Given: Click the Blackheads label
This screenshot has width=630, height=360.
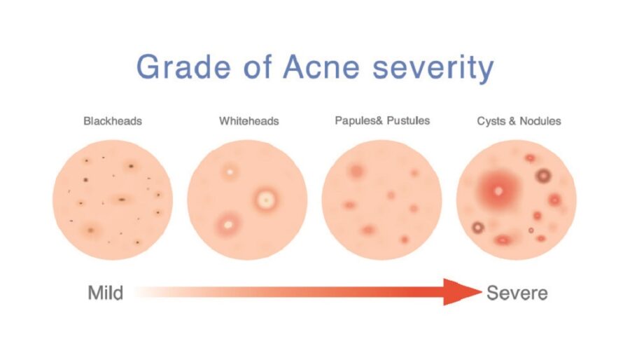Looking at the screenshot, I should pos(113,121).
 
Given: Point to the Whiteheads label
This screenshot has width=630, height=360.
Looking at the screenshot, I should pos(248,121).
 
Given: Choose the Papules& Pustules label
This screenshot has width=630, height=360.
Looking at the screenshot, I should pos(382,120).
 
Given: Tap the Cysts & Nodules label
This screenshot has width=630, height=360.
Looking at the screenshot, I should pos(519,121).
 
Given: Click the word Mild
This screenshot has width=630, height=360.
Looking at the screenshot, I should pos(106,292).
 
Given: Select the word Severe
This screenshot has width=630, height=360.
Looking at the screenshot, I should pos(517,292).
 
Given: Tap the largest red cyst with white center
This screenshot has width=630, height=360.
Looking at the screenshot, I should pos(498,189).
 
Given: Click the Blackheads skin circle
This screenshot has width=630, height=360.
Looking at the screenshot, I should pos(113,200).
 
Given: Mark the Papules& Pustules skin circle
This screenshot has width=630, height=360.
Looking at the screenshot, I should pos(381,200).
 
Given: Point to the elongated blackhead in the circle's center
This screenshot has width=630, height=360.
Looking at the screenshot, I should pos(122,199).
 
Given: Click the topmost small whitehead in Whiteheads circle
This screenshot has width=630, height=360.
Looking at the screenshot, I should pos(228,171).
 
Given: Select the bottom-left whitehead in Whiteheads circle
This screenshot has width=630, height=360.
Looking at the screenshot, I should pos(227,224).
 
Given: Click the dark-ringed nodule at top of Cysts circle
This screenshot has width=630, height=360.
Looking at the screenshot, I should pos(542,175).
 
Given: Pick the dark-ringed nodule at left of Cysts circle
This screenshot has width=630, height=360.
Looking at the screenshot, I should pos(478,226).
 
